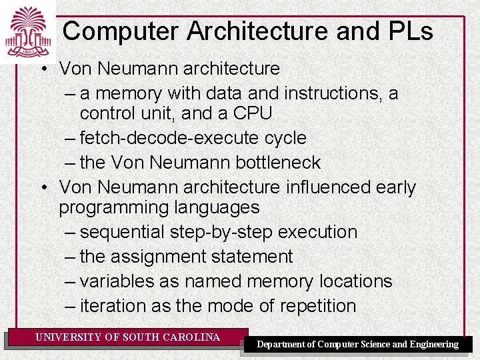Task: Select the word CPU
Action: click(x=253, y=113)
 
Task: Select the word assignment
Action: click(x=164, y=257)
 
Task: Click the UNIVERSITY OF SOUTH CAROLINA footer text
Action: click(x=127, y=337)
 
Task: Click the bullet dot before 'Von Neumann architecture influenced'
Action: click(x=42, y=187)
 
